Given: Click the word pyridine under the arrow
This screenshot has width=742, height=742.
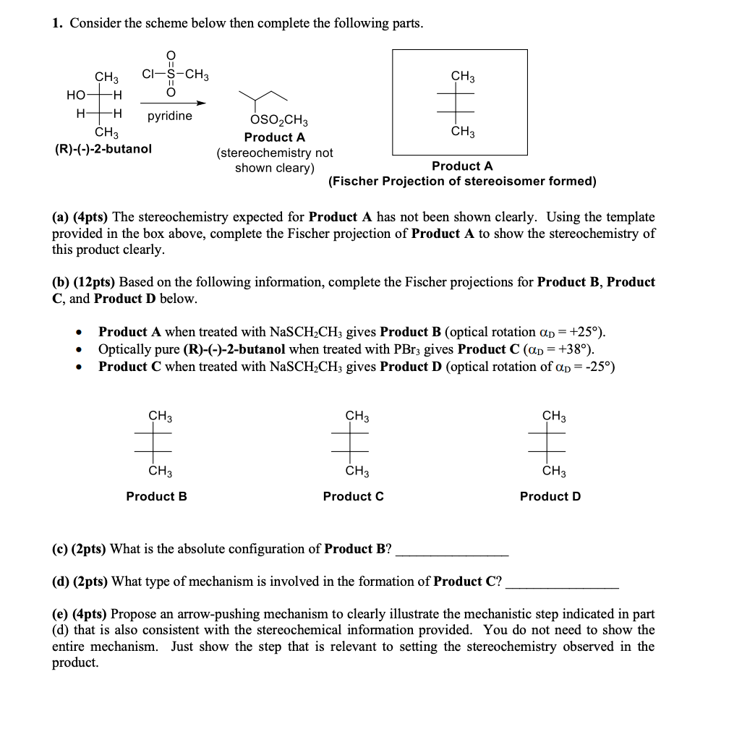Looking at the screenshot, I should [170, 116].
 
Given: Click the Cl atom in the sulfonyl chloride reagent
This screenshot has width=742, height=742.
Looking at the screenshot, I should [148, 73].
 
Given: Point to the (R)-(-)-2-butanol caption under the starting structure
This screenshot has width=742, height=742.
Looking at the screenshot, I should [103, 150].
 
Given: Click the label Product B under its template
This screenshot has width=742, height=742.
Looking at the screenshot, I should [156, 496].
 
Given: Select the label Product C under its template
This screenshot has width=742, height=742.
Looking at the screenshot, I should [353, 496].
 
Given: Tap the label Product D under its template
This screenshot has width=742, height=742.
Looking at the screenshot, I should [550, 496].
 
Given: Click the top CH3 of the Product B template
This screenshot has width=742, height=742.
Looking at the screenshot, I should [160, 416].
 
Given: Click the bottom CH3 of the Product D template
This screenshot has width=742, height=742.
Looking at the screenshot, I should [554, 472].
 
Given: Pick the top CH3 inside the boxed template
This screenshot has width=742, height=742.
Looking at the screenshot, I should [463, 76].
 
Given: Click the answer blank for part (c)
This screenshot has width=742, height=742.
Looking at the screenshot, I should [452, 550].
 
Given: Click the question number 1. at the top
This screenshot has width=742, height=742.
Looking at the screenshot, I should [57, 23].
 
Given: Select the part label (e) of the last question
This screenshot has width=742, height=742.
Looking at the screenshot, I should [60, 614].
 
